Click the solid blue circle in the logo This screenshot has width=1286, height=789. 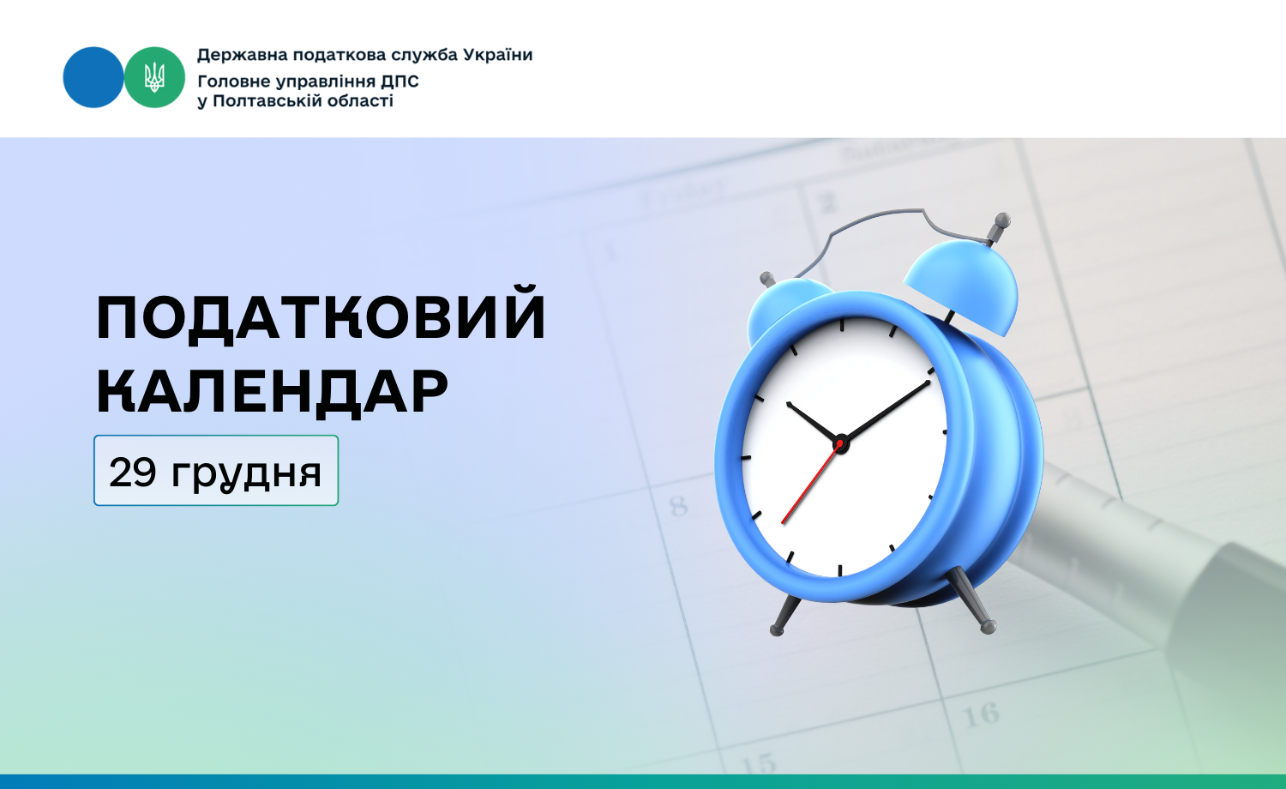coord(93,77)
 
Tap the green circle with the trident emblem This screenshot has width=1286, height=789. coord(154,77)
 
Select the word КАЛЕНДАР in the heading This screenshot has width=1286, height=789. coord(272,391)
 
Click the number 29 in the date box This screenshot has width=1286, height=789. coord(133,473)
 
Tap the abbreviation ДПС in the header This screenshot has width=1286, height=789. coord(400,81)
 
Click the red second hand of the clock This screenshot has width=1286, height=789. coord(809,484)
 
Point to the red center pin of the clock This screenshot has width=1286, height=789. coord(840,444)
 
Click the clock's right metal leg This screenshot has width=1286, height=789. coord(971,599)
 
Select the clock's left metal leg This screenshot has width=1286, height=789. coord(784,615)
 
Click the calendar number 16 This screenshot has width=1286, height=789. coord(981,715)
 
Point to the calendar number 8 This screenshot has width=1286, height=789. coord(678,506)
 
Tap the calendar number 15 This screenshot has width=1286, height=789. coord(759,764)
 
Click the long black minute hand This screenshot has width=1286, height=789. coord(886,412)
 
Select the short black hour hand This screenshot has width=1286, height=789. coord(813,423)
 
